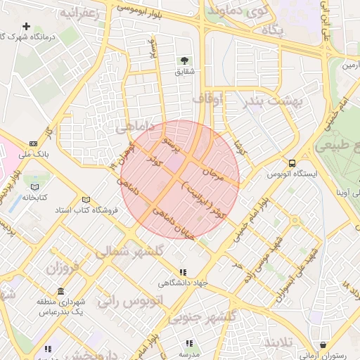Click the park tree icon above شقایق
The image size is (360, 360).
coord(184,60)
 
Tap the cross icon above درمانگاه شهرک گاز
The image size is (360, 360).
coord(26,27)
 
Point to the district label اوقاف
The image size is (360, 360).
coord(210,100)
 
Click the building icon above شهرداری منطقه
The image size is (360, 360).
coord(61,291)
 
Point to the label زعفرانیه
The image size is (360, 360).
coord(79,13)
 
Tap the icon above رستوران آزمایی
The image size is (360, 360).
coord(323,345)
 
